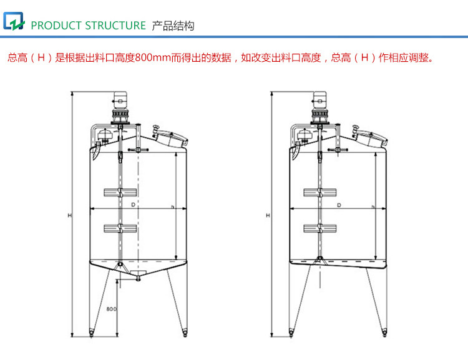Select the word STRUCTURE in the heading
[115, 26]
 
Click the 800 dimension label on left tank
[111, 308]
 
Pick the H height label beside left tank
[70, 215]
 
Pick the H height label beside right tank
[268, 215]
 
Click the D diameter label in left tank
[132, 205]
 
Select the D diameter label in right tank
[339, 205]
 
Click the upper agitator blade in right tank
[319, 191]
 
